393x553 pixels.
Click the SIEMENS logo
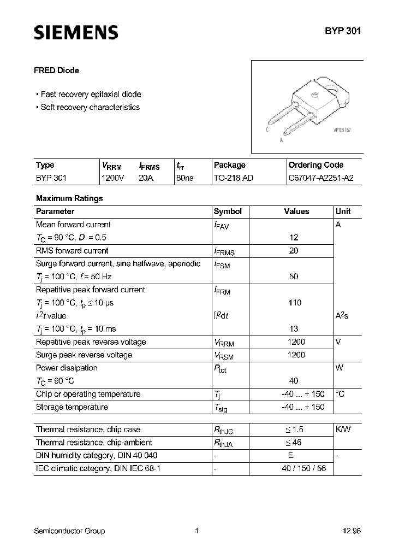(x=76, y=33)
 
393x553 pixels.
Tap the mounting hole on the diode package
(x=316, y=96)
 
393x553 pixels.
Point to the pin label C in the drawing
(x=267, y=130)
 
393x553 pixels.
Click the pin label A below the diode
(x=281, y=139)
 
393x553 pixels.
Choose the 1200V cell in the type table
(x=113, y=178)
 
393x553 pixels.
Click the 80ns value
(x=184, y=178)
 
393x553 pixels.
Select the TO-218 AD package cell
(x=234, y=178)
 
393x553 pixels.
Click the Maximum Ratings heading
(x=69, y=198)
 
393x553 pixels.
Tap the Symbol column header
(x=228, y=211)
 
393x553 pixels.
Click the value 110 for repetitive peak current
(x=295, y=303)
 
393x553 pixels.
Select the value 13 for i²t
(x=294, y=329)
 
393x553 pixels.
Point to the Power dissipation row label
(x=67, y=368)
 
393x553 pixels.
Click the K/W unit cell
(x=343, y=430)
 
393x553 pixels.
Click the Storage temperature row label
(x=72, y=407)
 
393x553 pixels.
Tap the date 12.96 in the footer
(x=352, y=531)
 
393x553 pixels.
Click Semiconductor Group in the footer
(x=69, y=531)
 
